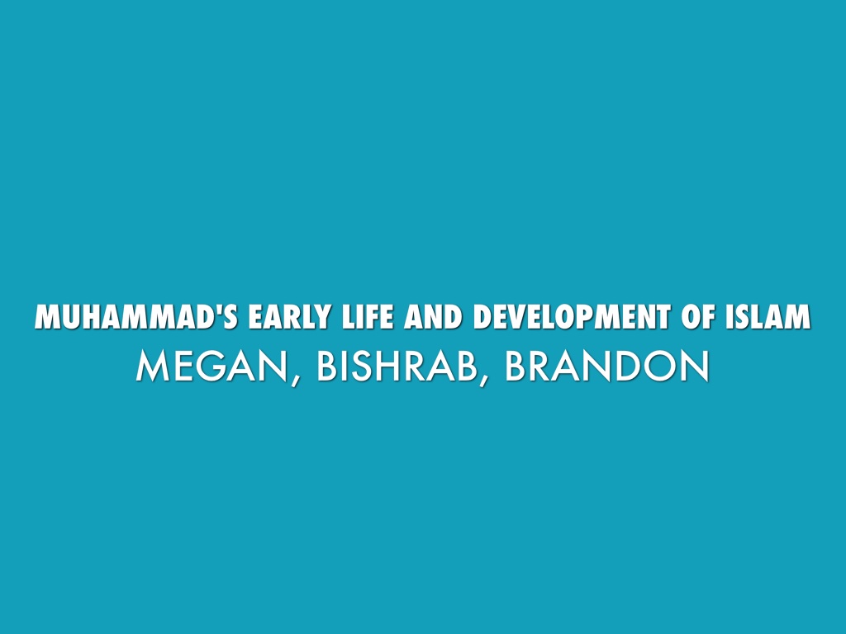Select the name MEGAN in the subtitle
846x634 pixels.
[x=211, y=367]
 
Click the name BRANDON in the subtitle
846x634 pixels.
[x=606, y=367]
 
